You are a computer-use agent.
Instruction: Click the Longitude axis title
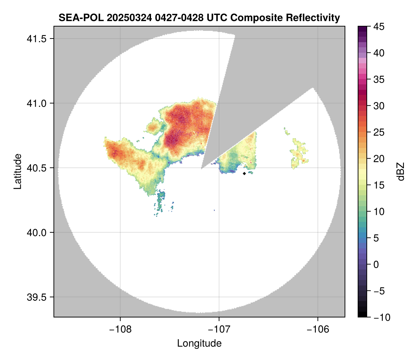click(199, 343)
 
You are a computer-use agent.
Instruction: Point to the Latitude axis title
click(17, 171)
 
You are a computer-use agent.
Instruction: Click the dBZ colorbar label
click(401, 171)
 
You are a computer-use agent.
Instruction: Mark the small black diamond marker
click(244, 173)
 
